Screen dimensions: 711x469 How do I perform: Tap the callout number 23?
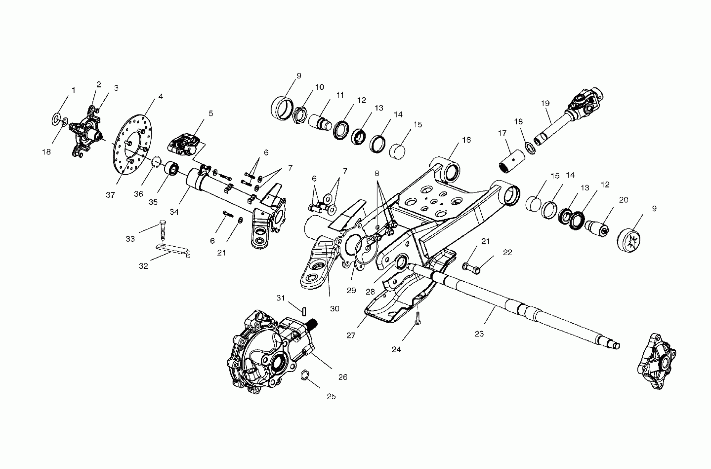tap(479, 334)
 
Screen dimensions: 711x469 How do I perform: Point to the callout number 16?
tap(466, 140)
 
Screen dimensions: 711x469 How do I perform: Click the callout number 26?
tap(343, 377)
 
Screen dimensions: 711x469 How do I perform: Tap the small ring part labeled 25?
tap(304, 375)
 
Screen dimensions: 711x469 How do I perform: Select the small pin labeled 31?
tap(304, 311)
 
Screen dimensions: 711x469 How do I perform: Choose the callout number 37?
tap(110, 195)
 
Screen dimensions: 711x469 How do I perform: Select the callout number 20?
tap(623, 200)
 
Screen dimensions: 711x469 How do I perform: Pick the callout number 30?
tap(334, 309)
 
